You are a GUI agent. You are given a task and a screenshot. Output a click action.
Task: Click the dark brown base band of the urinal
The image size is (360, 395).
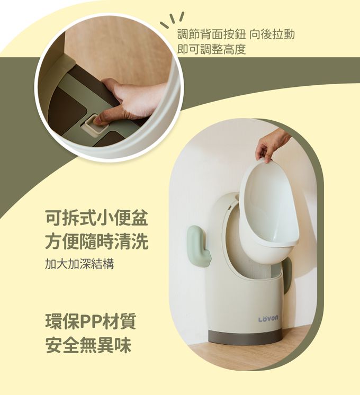pyautogui.click(x=245, y=337)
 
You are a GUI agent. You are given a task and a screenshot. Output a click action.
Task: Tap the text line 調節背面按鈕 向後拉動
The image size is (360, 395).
pyautogui.click(x=236, y=34)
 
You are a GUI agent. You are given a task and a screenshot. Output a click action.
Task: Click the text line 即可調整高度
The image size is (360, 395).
pyautogui.click(x=212, y=49)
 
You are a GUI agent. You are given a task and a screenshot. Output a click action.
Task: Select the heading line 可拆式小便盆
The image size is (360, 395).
pyautogui.click(x=96, y=218)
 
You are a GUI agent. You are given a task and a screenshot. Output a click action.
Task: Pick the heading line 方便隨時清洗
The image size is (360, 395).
pyautogui.click(x=97, y=241)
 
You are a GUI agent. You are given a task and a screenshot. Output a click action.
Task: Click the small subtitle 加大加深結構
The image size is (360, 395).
pyautogui.click(x=79, y=264)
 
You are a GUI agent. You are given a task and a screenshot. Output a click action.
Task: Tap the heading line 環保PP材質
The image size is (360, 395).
pyautogui.click(x=91, y=321)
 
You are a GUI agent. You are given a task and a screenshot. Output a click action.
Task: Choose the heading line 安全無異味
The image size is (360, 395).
pyautogui.click(x=88, y=345)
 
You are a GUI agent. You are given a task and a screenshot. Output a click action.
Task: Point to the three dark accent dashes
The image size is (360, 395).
pyautogui.click(x=172, y=20)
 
